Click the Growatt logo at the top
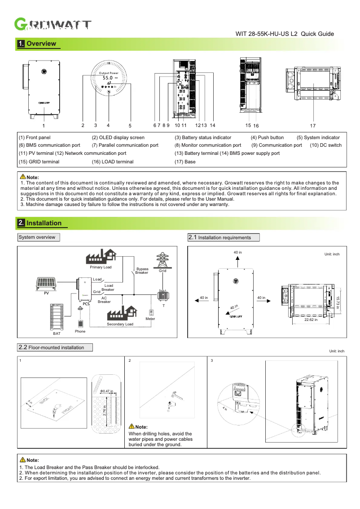53,25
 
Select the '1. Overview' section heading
37,44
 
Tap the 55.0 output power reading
108,78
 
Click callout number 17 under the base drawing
313,126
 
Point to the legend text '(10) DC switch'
325,145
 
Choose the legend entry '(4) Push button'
267,138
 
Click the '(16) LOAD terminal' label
113,162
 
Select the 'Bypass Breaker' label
142,271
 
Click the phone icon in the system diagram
80,323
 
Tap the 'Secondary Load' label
120,324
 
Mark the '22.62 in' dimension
311,320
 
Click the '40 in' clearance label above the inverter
237,253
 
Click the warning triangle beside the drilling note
132,426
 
